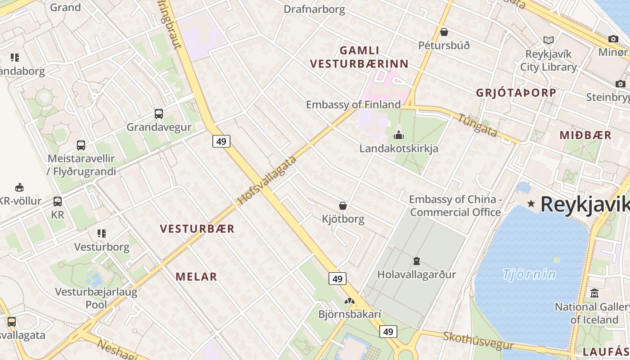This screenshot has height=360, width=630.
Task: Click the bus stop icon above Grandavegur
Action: tap(159, 113)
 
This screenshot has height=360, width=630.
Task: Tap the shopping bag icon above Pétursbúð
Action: tap(444, 32)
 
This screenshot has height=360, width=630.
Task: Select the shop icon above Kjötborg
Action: tap(343, 206)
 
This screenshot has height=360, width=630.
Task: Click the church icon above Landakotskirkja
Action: tap(399, 135)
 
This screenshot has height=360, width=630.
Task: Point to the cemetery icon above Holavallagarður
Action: tap(417, 261)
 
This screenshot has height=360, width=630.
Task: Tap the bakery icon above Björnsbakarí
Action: tap(350, 301)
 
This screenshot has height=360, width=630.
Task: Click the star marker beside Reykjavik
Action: tap(531, 204)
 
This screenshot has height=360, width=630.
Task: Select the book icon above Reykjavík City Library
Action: tap(548, 40)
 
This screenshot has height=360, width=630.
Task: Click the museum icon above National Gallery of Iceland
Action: tap(594, 293)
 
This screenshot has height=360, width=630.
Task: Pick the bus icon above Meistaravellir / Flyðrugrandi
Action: tap(81, 145)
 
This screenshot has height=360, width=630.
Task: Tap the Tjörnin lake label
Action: tap(529, 274)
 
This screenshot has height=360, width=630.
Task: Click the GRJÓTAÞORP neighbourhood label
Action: tap(516, 93)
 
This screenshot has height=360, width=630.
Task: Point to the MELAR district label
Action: tap(196, 277)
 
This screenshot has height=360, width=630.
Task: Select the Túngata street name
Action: tap(478, 125)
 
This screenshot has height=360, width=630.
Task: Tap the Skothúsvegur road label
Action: tap(478, 341)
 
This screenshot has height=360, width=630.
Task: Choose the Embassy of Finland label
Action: tap(353, 105)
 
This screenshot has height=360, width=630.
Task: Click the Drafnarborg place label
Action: tap(314, 9)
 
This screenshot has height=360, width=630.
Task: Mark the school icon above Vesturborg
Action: tap(102, 234)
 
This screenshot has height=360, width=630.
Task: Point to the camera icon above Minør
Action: tap(613, 39)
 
